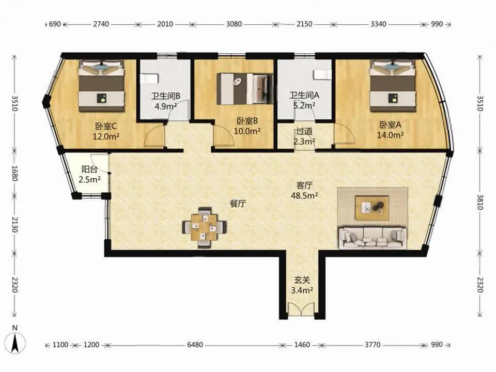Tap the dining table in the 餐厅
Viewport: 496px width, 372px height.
click(205, 227)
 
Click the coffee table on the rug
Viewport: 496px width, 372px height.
click(371, 208)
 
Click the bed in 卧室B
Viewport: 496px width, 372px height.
click(244, 88)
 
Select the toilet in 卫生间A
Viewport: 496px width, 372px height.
click(322, 74)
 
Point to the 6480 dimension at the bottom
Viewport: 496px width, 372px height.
click(195, 345)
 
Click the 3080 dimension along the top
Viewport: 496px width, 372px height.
click(234, 24)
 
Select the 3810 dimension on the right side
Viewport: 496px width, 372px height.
click(480, 202)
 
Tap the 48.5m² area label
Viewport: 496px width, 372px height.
click(304, 196)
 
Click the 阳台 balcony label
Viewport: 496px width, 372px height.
click(89, 169)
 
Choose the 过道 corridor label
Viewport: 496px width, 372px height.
click(304, 131)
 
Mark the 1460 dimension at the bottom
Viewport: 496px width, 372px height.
click(302, 345)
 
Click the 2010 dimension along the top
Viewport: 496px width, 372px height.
click(165, 24)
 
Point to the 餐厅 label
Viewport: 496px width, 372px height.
click(238, 204)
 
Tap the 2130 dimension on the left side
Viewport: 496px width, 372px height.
click(14, 224)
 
